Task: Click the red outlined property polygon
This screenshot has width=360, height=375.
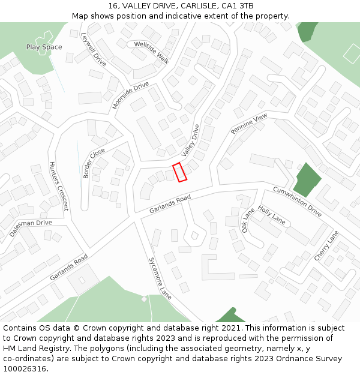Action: [180, 172]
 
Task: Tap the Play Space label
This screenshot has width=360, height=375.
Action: [44, 47]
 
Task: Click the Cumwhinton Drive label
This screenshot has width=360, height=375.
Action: [297, 201]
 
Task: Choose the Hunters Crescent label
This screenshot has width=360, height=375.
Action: [58, 186]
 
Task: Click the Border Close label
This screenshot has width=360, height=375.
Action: [94, 163]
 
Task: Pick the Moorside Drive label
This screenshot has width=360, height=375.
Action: [130, 95]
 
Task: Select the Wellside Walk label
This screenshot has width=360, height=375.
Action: [152, 52]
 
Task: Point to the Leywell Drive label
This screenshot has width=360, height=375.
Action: [93, 49]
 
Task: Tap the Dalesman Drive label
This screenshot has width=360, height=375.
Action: [31, 227]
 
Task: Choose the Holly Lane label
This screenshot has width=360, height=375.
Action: [271, 215]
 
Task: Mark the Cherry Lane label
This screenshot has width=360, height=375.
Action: [326, 245]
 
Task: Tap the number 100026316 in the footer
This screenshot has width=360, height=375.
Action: [25, 368]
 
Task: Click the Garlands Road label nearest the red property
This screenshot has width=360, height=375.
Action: [170, 204]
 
